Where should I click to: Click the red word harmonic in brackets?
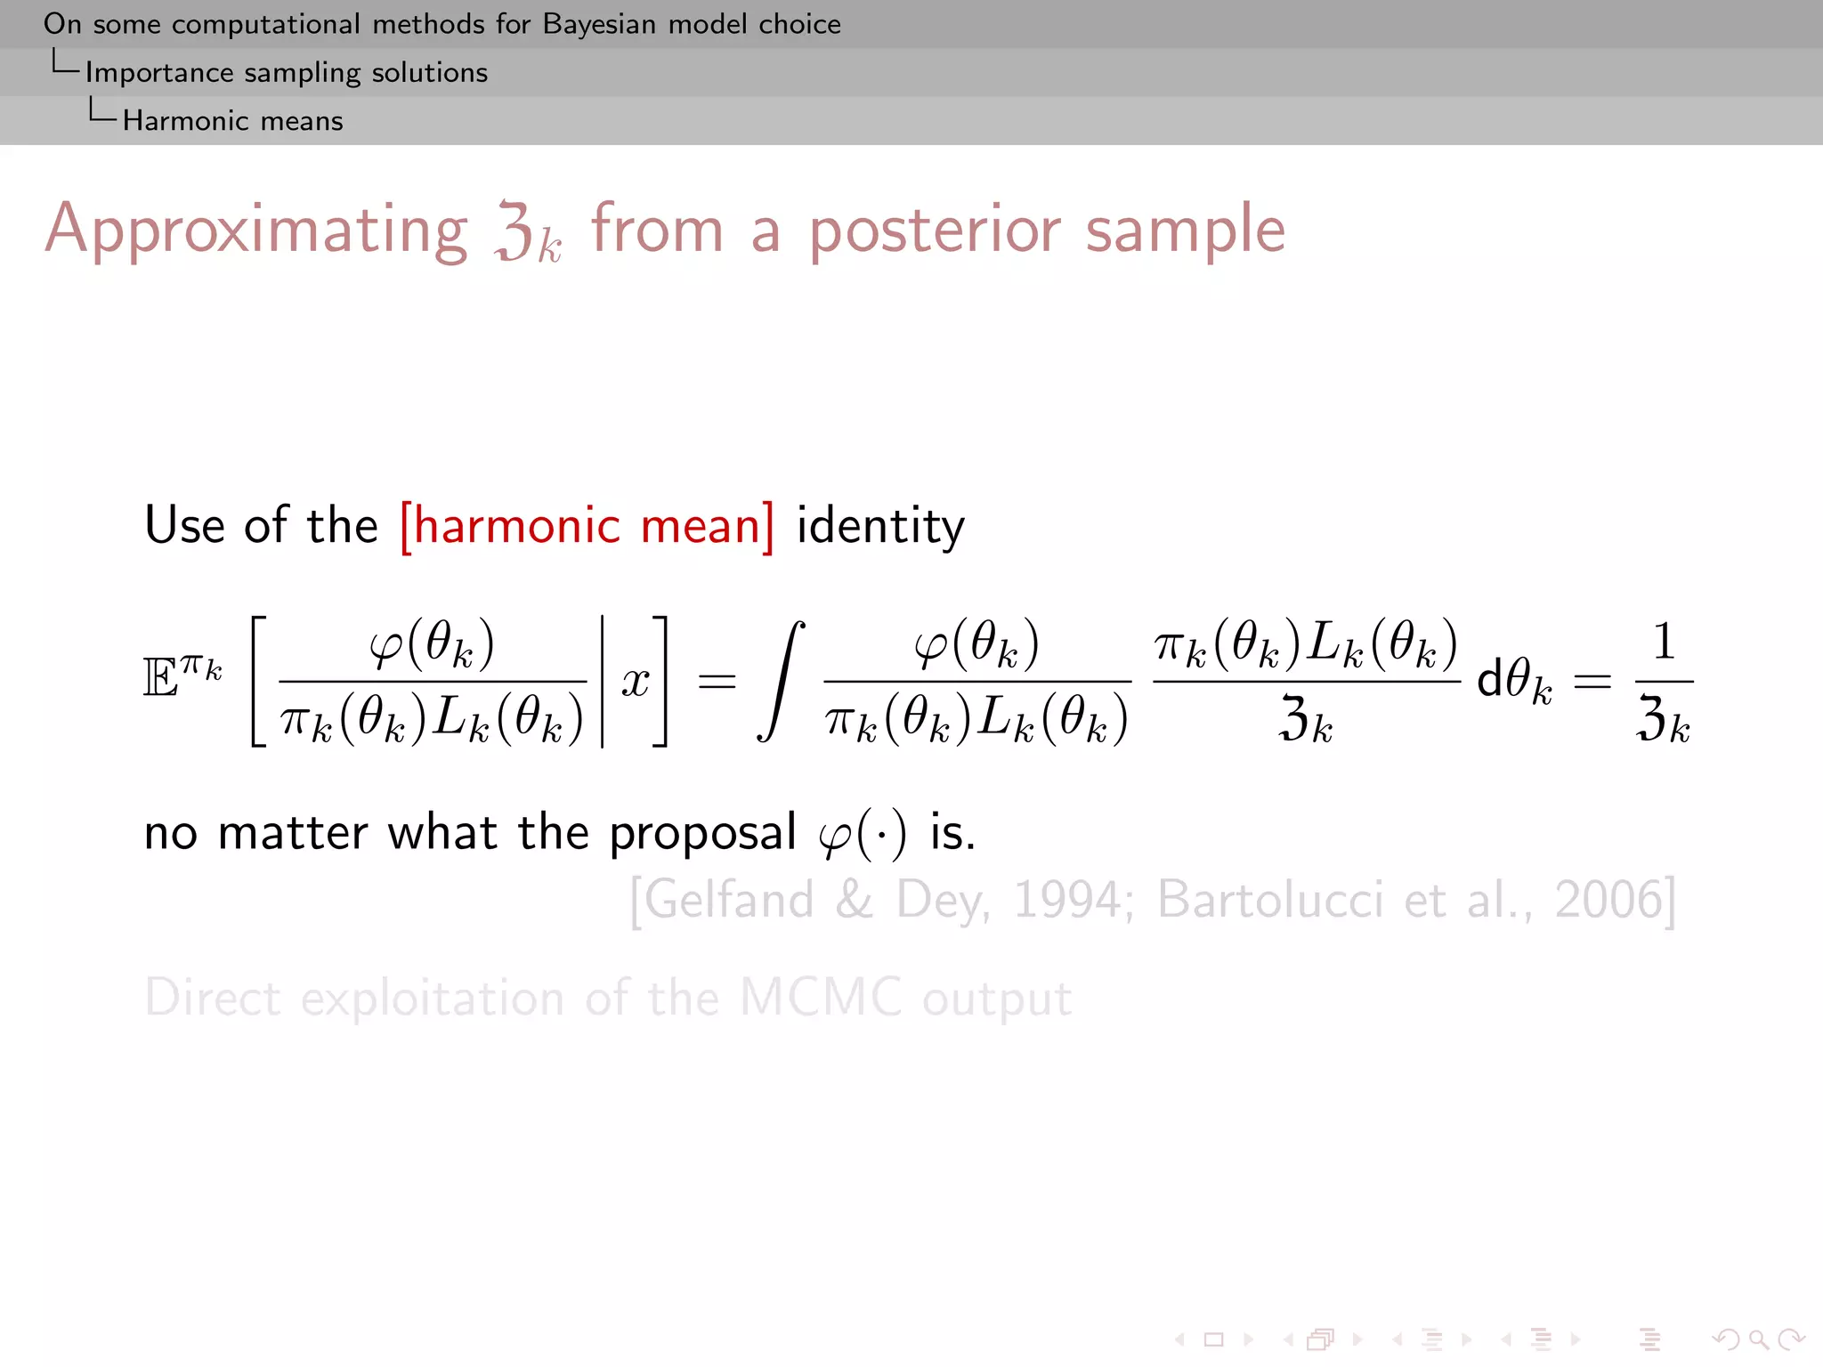point(516,525)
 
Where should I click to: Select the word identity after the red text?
point(879,527)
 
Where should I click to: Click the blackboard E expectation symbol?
point(160,680)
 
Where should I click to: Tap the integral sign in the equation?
point(782,682)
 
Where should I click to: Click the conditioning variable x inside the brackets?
point(636,683)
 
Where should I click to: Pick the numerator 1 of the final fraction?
point(1664,641)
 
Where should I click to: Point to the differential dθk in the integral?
point(1514,683)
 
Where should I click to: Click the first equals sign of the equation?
point(717,683)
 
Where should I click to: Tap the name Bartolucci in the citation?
point(1270,901)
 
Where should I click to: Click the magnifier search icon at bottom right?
point(1757,1339)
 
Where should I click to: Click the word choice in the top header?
point(799,24)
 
